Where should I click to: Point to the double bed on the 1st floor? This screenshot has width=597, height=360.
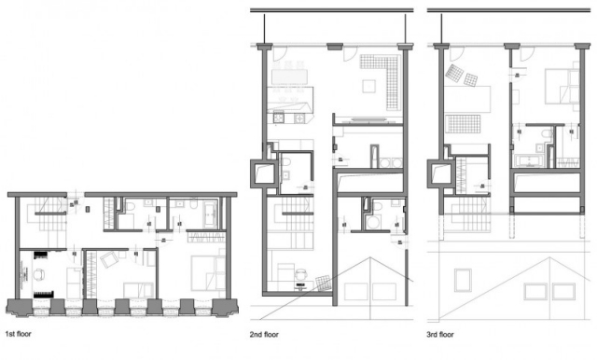(x=206, y=271)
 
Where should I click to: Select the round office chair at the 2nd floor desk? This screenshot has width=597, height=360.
(x=300, y=273)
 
